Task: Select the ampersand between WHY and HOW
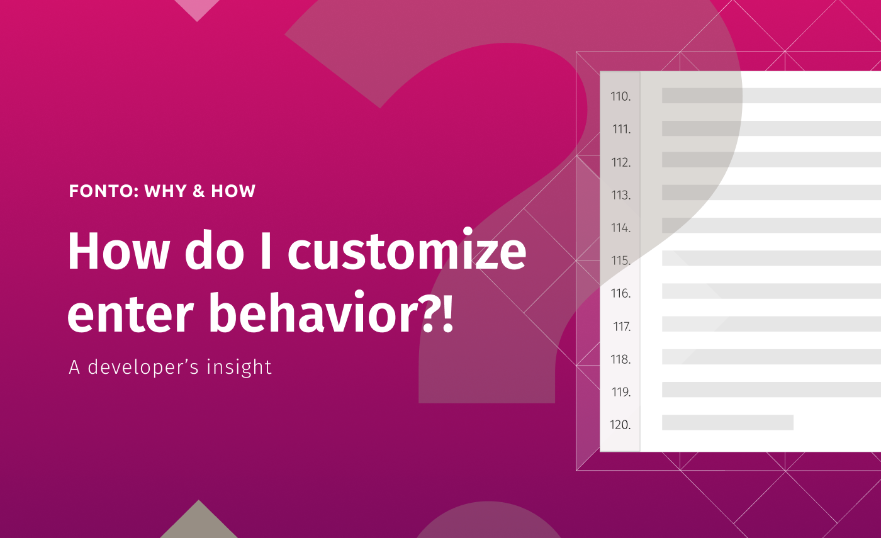(199, 191)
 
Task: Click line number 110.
(620, 96)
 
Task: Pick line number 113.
(620, 195)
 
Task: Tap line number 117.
(622, 327)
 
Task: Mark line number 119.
(620, 392)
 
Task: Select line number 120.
(620, 425)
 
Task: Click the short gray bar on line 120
(727, 423)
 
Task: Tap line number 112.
(620, 162)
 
